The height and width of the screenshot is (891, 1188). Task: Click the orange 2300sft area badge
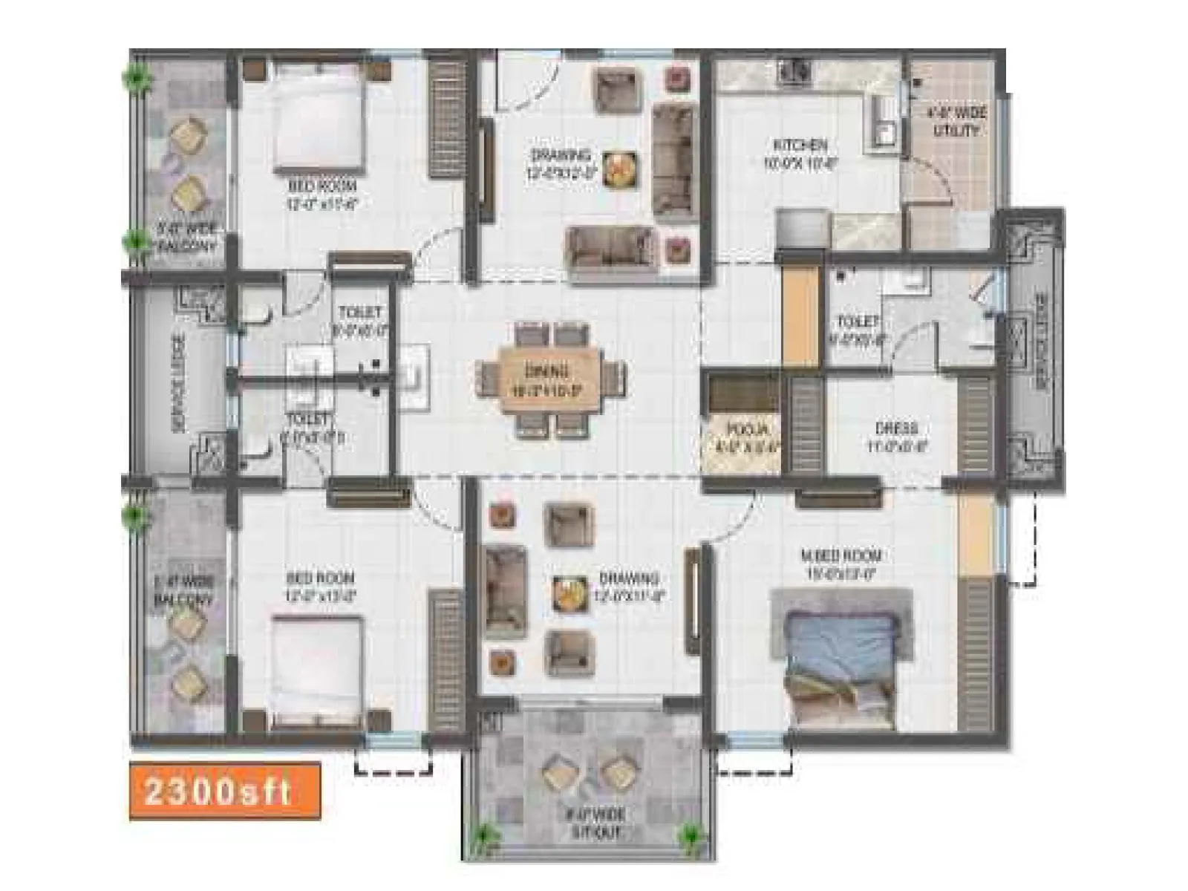click(224, 791)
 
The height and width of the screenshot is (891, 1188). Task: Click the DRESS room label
click(895, 429)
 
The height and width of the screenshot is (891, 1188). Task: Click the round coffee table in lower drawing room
click(570, 592)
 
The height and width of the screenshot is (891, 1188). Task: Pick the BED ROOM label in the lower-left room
click(320, 578)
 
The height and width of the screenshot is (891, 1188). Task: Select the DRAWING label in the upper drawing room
click(561, 155)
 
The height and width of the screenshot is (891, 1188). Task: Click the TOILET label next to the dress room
click(858, 322)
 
